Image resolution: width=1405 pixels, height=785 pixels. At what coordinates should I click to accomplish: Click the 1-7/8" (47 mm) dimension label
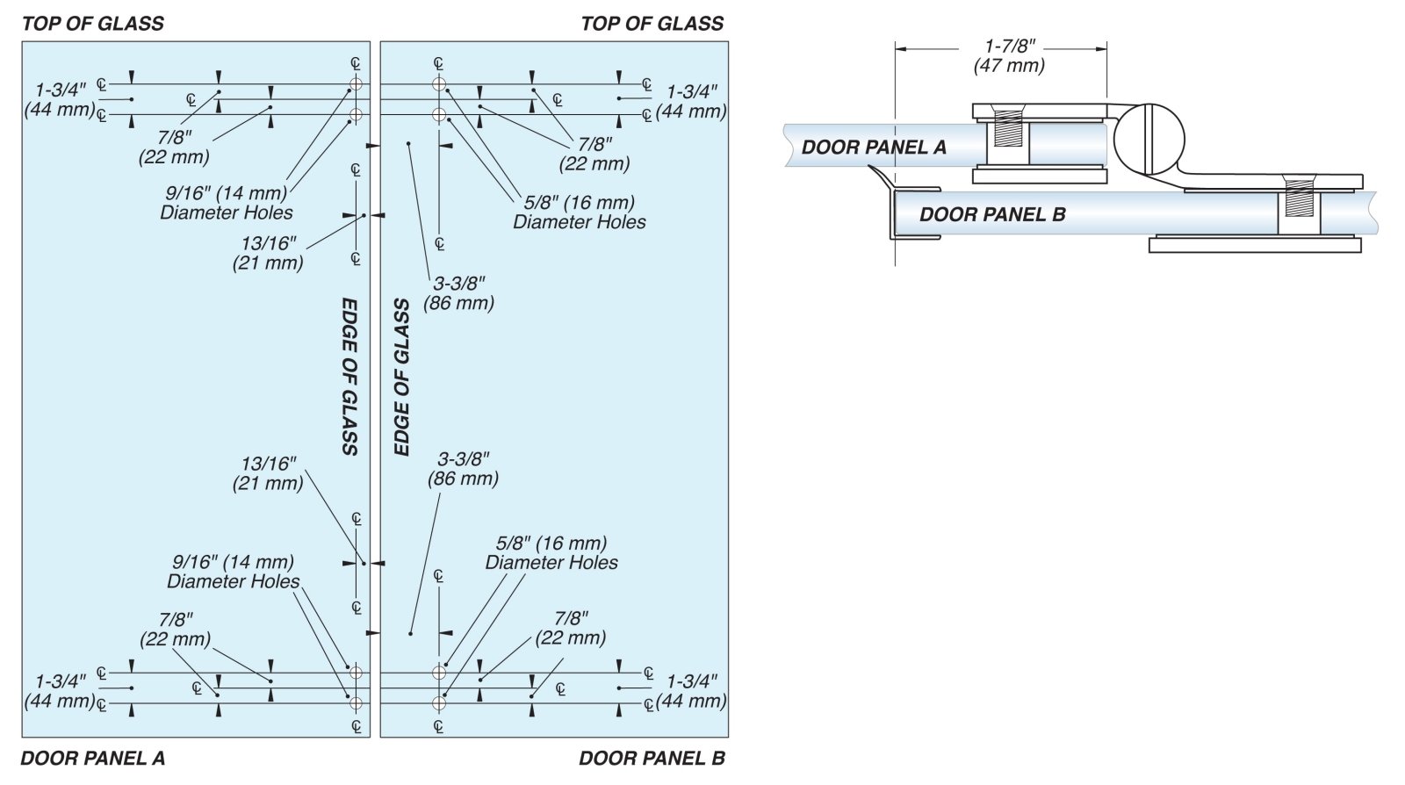[1009, 56]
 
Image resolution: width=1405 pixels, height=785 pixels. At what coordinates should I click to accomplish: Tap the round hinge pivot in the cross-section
[1149, 140]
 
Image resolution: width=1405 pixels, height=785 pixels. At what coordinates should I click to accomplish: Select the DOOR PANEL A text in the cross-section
[874, 148]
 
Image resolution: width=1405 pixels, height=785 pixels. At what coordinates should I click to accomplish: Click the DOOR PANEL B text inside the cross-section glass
[992, 214]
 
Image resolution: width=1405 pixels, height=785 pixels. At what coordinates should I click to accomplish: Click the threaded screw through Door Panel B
[1299, 199]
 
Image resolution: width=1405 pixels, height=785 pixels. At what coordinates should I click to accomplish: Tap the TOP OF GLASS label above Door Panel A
[93, 24]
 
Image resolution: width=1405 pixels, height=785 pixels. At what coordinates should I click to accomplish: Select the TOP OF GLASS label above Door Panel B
[652, 24]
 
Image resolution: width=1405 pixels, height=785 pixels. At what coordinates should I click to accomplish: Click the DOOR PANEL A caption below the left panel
[92, 758]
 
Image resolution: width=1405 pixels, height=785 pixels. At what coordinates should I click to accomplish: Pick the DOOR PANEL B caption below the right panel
[652, 758]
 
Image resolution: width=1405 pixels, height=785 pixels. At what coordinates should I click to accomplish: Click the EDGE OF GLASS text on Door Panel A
[349, 376]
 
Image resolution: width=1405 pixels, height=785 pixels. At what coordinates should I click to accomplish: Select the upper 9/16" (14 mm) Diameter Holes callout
[227, 203]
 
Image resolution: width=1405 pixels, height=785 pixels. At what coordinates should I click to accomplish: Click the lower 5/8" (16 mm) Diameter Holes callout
[551, 553]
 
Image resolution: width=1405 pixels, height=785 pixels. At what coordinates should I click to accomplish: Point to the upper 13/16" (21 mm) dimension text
[268, 253]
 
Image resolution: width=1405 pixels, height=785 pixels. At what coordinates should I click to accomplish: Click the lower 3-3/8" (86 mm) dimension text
[463, 469]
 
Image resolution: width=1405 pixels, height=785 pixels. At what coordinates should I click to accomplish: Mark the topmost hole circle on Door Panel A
[356, 85]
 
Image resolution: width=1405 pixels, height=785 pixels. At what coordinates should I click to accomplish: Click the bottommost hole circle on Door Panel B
[439, 703]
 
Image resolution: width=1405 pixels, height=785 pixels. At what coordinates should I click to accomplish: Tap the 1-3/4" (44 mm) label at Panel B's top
[691, 101]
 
